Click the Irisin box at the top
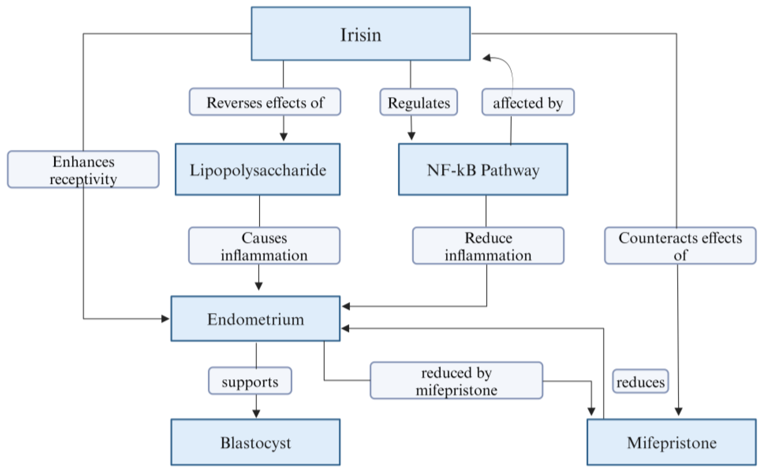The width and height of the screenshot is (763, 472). coord(360,34)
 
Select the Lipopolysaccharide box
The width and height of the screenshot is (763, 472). coord(257,170)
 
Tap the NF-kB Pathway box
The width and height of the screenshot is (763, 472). coord(482,170)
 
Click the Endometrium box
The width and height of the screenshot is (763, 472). coord(255,319)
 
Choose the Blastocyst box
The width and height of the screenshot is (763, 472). coord(255,442)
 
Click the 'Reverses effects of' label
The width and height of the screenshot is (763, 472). coord(265,102)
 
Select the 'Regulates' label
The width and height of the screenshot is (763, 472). coord(418,102)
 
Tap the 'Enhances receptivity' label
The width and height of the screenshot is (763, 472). coord(83,170)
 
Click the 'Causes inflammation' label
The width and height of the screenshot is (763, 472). coord(264,246)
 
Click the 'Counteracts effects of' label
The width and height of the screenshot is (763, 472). coord(680,246)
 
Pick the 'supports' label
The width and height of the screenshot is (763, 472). coord(250,381)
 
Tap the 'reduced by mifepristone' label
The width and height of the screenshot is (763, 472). coord(456,381)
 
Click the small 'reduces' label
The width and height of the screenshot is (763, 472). coord(640,381)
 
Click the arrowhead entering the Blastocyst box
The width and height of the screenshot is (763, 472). coord(256,414)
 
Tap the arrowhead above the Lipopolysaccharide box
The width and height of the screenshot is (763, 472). coord(283,137)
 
